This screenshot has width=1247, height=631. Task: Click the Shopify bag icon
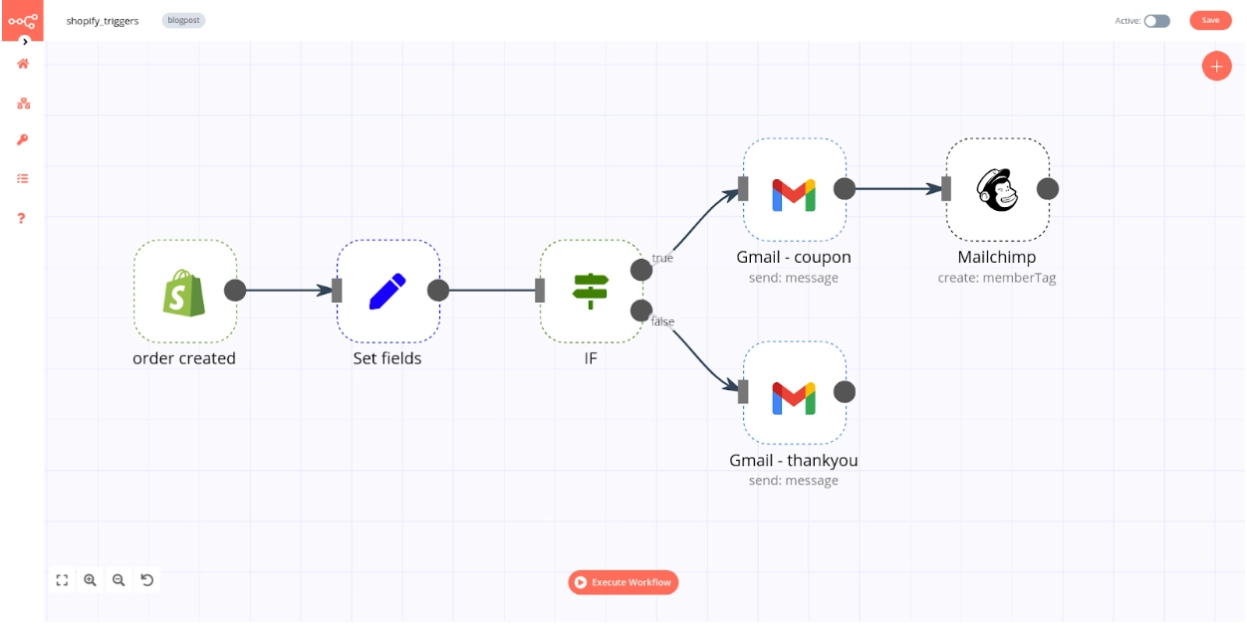click(x=184, y=292)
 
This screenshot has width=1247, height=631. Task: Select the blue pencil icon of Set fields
click(x=387, y=291)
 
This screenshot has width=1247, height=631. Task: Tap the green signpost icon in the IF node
click(x=591, y=290)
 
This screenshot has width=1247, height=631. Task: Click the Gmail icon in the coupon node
click(x=794, y=194)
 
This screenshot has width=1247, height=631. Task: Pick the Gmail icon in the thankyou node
click(x=794, y=397)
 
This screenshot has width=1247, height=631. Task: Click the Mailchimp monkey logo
click(x=997, y=189)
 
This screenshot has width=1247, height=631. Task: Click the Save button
click(x=1210, y=20)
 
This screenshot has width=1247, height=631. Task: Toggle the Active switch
click(x=1156, y=21)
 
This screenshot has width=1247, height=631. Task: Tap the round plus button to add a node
click(x=1216, y=67)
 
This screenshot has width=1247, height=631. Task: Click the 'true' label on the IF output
click(x=662, y=258)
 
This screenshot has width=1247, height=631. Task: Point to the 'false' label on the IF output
click(x=662, y=321)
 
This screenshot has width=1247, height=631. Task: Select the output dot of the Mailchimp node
click(x=1048, y=189)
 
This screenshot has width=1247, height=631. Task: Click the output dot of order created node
click(x=235, y=290)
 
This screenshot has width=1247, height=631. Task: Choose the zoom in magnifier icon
click(x=91, y=580)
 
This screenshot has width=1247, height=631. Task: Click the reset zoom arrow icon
click(x=147, y=580)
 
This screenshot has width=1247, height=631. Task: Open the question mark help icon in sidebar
click(x=22, y=218)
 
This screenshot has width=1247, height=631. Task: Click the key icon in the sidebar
click(x=22, y=140)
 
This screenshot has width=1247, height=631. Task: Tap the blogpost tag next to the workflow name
click(x=183, y=20)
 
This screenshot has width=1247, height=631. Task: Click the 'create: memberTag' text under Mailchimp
click(x=997, y=279)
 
